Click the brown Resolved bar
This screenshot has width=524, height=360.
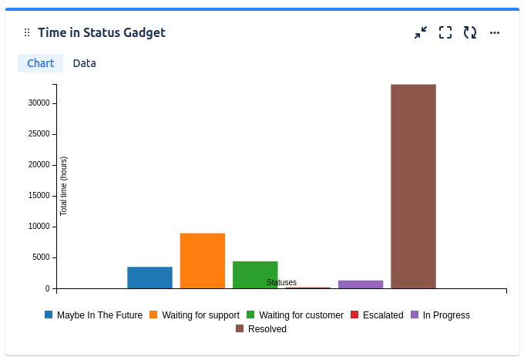413,186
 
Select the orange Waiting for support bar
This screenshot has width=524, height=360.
203,261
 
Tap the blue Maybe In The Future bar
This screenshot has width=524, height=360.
149,278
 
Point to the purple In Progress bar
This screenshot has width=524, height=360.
361,284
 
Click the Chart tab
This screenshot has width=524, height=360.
40,63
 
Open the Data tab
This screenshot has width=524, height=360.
85,63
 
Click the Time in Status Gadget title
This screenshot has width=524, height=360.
102,32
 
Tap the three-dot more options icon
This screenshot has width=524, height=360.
495,32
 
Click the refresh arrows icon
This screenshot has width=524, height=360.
470,32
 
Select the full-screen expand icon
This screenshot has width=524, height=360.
445,32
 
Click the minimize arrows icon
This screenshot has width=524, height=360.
421,32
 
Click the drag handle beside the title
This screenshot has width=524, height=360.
27,32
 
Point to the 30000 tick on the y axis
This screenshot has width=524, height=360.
38,103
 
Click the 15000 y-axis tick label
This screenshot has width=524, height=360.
38,196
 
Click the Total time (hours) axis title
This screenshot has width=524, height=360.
64,186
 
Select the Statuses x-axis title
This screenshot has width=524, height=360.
281,282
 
